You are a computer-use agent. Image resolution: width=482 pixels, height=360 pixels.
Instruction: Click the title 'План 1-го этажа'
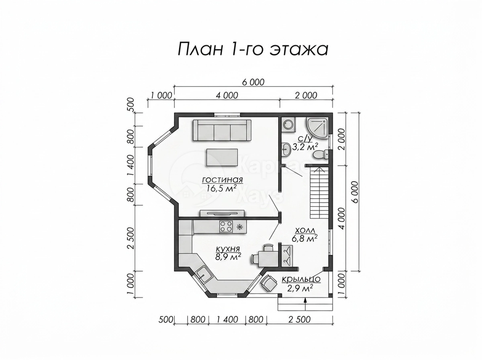pyautogui.click(x=253, y=50)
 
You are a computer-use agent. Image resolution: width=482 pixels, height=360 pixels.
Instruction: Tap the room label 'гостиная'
pyautogui.click(x=223, y=180)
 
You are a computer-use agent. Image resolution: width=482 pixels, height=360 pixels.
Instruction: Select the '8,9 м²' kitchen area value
pyautogui.click(x=228, y=257)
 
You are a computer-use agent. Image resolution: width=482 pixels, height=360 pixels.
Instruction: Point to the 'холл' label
pyautogui.click(x=305, y=230)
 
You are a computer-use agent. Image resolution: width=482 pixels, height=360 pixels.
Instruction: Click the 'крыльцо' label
pyautogui.click(x=301, y=279)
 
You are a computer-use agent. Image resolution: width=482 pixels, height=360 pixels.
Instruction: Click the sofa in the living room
pyautogui.click(x=222, y=130)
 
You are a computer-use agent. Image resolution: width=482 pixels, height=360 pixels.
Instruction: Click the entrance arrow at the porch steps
pyautogui.click(x=305, y=304)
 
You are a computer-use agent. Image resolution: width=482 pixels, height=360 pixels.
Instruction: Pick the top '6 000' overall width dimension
pyautogui.click(x=253, y=82)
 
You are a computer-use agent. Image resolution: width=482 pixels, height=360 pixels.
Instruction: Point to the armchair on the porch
pyautogui.click(x=268, y=283)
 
